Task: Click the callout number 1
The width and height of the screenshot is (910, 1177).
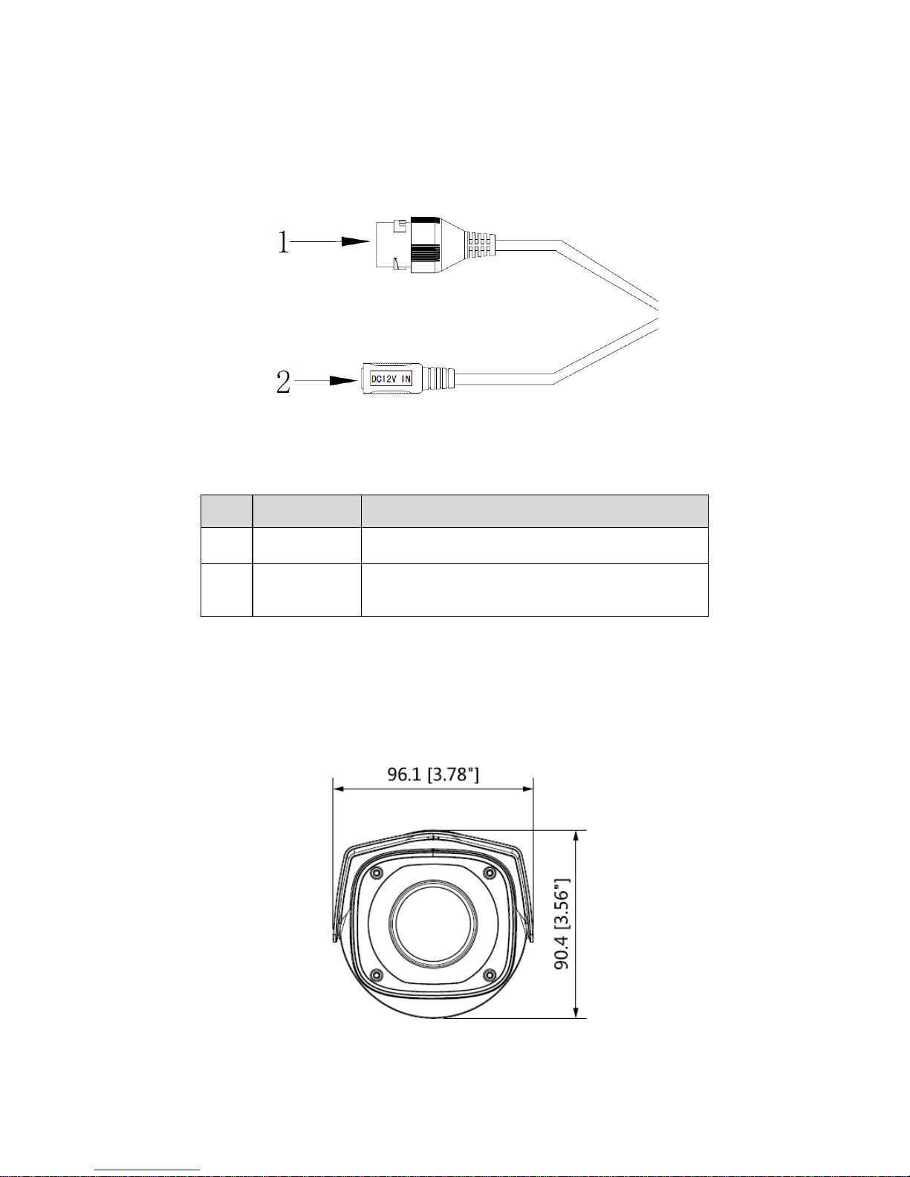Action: (283, 241)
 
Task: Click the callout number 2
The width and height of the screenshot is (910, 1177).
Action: (283, 382)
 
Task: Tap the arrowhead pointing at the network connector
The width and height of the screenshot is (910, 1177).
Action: (355, 241)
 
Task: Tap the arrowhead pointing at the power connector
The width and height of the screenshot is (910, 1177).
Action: (344, 381)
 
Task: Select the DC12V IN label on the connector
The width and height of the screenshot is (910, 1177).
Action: (391, 379)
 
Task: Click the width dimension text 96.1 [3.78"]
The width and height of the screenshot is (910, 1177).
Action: (433, 774)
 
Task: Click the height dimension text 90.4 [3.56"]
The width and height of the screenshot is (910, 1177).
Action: (562, 924)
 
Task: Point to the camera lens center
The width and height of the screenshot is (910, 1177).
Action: (433, 924)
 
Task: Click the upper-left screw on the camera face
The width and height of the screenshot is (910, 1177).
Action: (376, 873)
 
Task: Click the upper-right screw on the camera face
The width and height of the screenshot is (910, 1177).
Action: (490, 873)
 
